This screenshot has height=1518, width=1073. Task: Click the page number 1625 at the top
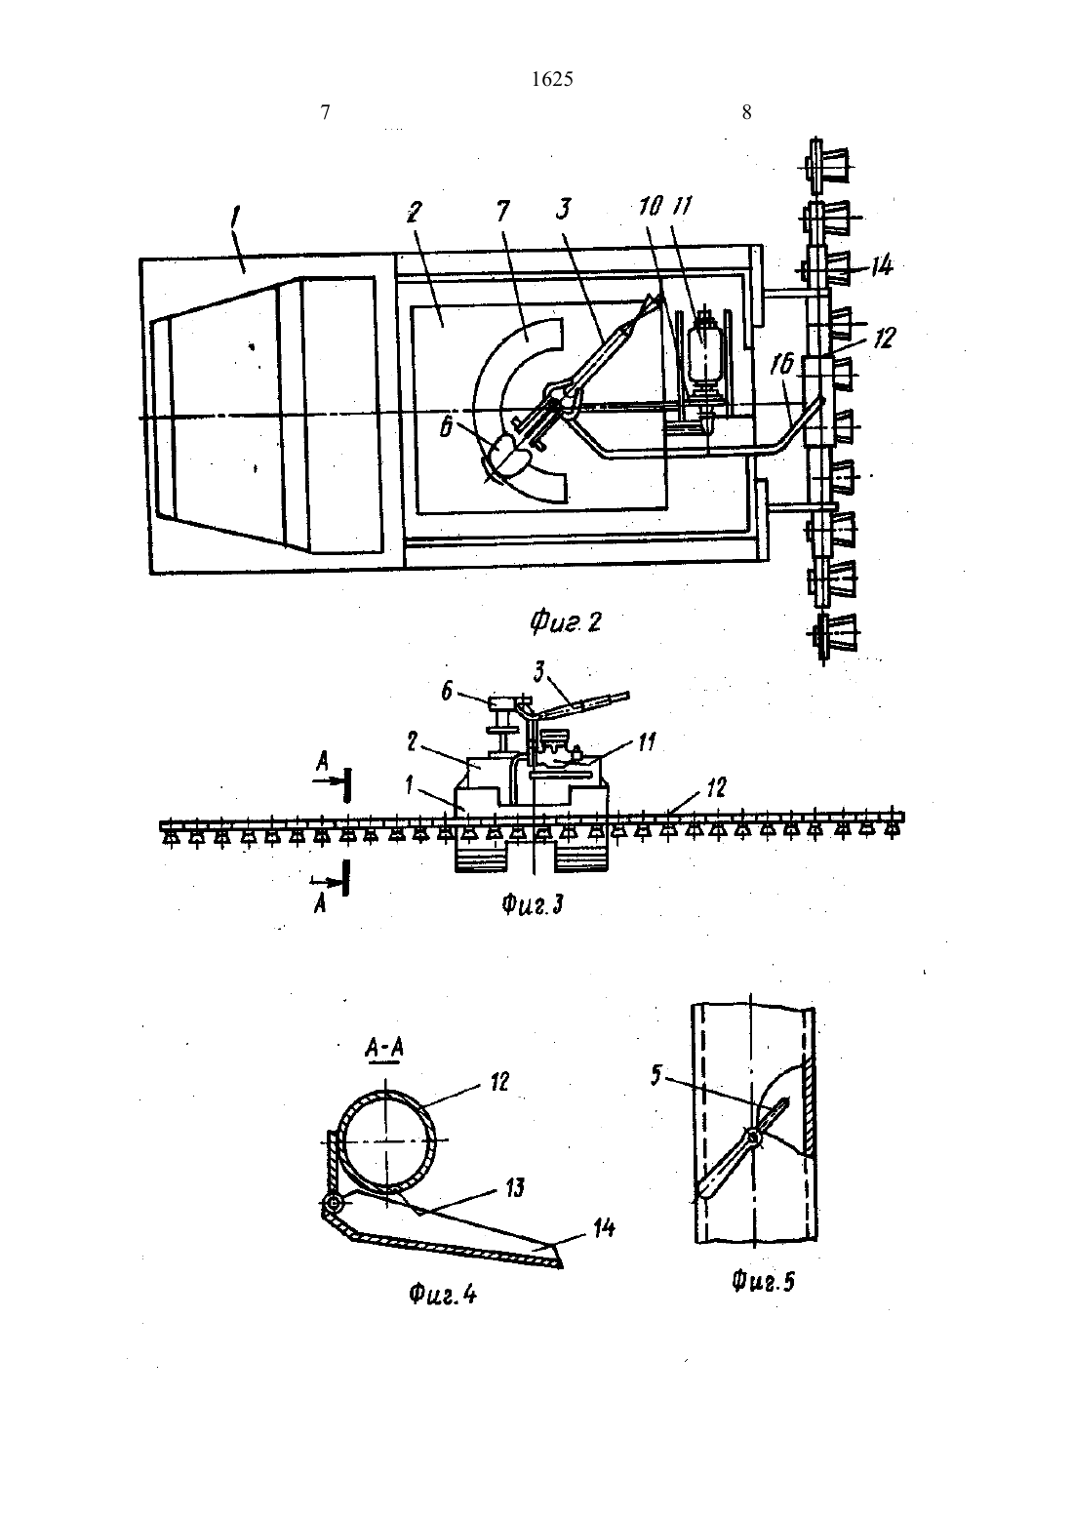(x=552, y=79)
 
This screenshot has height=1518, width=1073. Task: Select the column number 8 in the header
(x=746, y=112)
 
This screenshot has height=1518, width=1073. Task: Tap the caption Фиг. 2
(x=566, y=622)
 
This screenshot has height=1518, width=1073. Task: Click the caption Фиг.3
(x=533, y=904)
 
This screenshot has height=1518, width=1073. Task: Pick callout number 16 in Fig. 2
(x=783, y=367)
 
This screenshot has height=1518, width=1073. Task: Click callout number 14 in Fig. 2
(x=881, y=265)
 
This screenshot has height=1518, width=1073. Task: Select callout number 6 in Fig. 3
(x=447, y=693)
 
